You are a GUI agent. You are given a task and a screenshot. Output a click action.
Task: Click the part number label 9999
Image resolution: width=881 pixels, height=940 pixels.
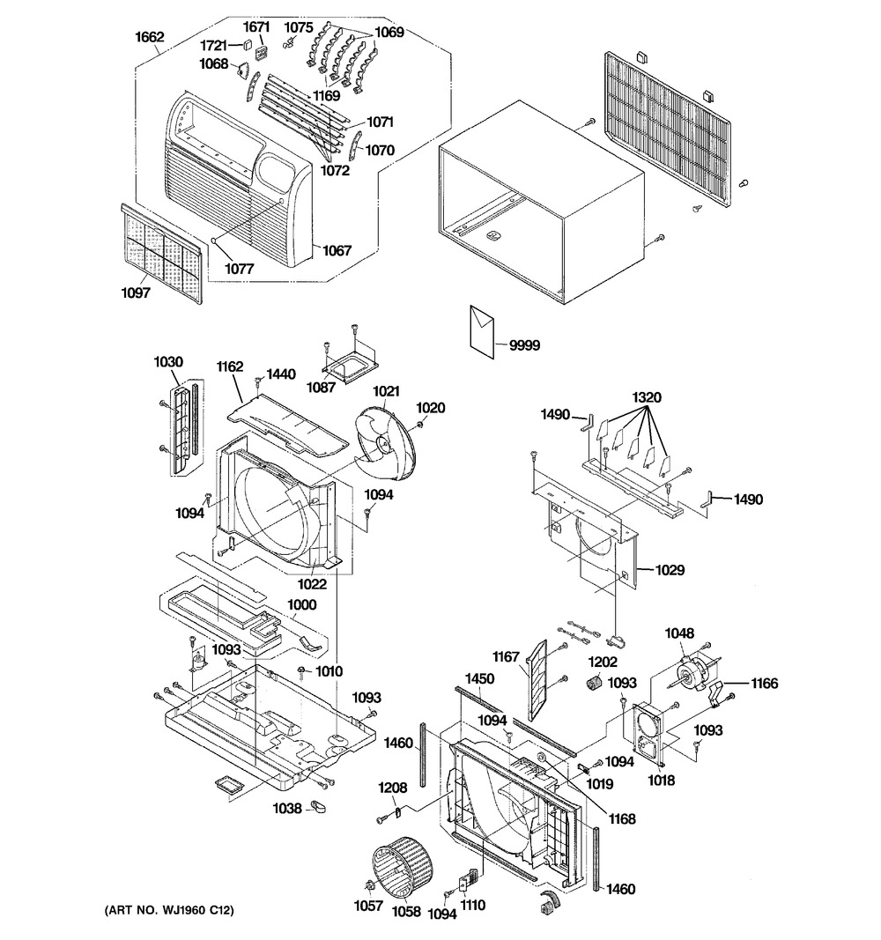(x=524, y=345)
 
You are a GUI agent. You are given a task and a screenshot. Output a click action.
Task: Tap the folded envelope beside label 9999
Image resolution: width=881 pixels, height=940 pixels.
(x=482, y=331)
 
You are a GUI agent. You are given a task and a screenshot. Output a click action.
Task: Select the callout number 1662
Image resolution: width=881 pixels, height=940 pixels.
(x=149, y=37)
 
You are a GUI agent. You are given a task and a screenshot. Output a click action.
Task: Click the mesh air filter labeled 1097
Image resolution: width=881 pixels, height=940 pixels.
(x=162, y=254)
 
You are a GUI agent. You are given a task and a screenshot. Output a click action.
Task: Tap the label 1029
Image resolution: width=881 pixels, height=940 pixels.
(x=670, y=569)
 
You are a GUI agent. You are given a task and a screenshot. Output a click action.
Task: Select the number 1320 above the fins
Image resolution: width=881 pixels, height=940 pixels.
(x=647, y=397)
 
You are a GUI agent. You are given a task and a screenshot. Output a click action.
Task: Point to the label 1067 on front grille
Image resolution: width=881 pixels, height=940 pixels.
(x=337, y=250)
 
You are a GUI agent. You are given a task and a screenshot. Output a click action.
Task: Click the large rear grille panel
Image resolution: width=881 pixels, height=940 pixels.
(x=668, y=129)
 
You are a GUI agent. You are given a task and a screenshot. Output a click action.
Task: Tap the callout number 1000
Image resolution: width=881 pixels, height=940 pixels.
(x=301, y=604)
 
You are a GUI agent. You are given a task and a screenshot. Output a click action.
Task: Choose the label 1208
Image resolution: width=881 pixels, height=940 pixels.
(x=393, y=787)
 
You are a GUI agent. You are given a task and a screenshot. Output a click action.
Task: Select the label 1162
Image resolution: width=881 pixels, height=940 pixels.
(x=230, y=366)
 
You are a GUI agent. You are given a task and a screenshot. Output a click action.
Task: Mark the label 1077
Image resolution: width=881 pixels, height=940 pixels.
(x=239, y=269)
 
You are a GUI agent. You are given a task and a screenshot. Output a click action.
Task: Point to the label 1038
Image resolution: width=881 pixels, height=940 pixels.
(x=287, y=809)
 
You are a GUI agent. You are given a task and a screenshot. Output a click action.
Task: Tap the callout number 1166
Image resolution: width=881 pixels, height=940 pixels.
(x=764, y=683)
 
